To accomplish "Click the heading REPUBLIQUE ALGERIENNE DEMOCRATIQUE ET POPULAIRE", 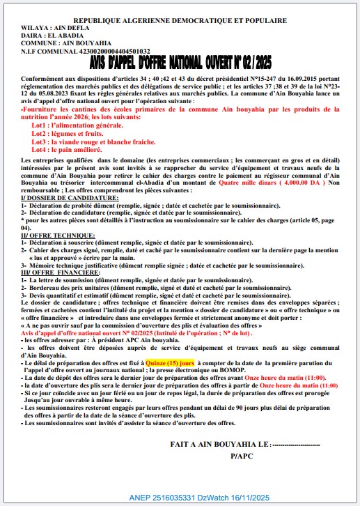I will point(180,22).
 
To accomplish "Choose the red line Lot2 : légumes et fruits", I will point(70,132).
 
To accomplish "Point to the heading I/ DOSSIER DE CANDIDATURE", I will point(70,199).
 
